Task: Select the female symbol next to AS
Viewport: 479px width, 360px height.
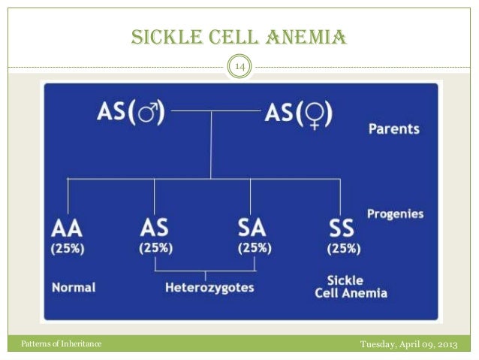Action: [315, 114]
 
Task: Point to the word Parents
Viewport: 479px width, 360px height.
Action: [393, 129]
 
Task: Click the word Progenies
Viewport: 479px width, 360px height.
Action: [395, 214]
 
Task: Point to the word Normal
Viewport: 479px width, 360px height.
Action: [74, 287]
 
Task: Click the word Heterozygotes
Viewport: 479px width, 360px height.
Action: [209, 287]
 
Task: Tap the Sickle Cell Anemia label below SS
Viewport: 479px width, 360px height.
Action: [350, 286]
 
